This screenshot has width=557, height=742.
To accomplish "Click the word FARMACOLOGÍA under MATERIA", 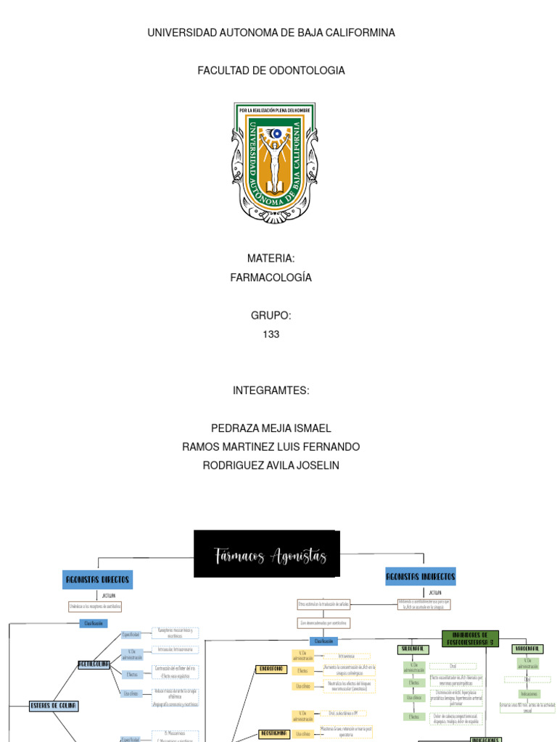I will coord(271,278).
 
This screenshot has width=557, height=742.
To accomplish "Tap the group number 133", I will coord(271,334).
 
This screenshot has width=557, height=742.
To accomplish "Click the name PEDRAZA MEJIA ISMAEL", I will coord(271,428).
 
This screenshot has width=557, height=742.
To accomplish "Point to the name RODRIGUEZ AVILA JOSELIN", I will coord(271,465).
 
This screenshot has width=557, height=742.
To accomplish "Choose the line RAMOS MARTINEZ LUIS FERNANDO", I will coord(271,446).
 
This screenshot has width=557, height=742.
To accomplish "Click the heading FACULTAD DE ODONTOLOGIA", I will coord(271,70).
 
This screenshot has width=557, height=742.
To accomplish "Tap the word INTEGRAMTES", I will coord(271,391).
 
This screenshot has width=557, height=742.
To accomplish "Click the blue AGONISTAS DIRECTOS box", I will coord(98,580).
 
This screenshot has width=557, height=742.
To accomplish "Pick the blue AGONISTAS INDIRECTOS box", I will coord(421,577).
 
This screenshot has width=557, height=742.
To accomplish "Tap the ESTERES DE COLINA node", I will coord(54,705).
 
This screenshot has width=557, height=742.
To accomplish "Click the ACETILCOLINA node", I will coord(94,664).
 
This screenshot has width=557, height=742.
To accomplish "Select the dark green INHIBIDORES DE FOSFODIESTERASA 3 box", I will coord(471,638).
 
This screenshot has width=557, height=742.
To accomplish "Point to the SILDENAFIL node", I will coord(413,649).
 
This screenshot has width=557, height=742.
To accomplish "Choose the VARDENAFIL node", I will coord(528,649).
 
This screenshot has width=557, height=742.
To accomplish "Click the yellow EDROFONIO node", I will coord(271,669).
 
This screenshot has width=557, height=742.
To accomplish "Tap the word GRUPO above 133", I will coord(271,315).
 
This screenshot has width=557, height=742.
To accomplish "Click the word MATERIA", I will coord(271,259).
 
